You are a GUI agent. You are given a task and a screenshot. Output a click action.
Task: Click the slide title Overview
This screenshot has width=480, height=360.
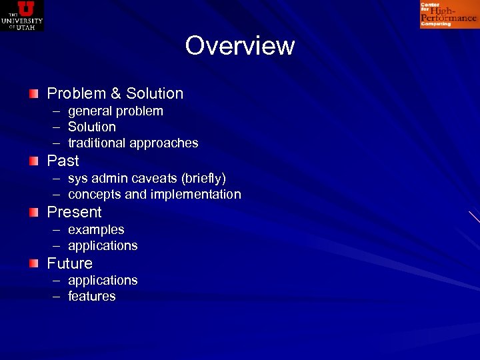(x=239, y=46)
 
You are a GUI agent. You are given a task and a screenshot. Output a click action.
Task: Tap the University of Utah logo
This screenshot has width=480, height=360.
(x=22, y=15)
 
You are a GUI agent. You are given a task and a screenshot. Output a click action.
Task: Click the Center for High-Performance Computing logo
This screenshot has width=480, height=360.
(x=449, y=15)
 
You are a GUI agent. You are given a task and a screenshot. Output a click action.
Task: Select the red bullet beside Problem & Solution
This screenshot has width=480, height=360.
(x=33, y=93)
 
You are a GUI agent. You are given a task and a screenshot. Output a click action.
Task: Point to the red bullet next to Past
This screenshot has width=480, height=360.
(x=33, y=161)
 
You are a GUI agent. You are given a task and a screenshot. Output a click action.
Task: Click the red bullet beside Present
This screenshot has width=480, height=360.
(x=33, y=212)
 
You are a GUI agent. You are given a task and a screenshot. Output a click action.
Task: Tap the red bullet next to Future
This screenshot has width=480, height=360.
(x=33, y=263)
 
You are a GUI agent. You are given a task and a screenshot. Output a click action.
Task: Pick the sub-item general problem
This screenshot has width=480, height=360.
(x=115, y=111)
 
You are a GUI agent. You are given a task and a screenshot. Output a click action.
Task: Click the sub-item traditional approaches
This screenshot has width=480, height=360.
(x=133, y=143)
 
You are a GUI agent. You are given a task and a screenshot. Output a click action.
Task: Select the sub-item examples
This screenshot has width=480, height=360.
(x=96, y=230)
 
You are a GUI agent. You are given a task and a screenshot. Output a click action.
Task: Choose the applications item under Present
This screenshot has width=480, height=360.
(x=103, y=246)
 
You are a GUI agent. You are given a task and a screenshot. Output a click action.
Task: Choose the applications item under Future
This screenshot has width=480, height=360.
(x=103, y=281)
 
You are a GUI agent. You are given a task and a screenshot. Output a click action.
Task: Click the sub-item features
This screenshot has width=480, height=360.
(x=92, y=297)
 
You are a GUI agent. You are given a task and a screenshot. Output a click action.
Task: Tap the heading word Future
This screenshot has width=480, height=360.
(x=69, y=263)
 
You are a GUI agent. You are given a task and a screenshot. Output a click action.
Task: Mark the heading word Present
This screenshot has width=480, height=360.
(x=74, y=212)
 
